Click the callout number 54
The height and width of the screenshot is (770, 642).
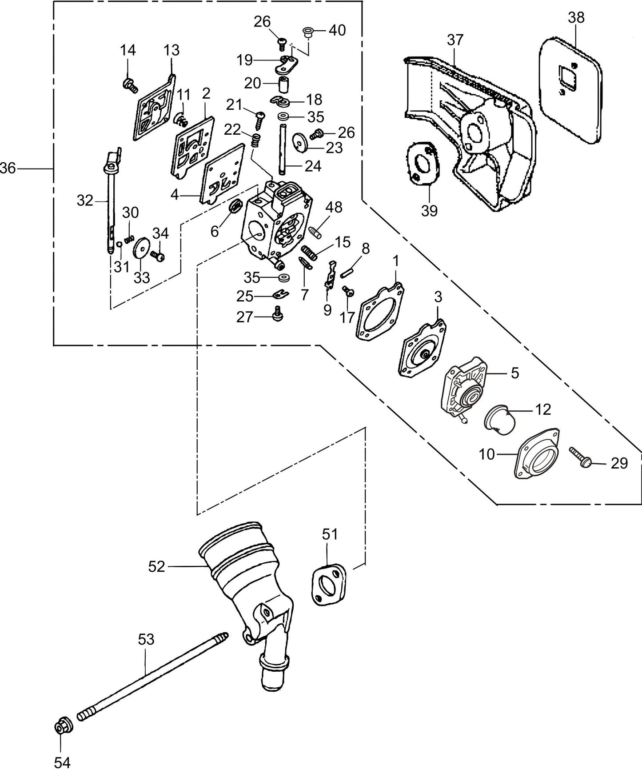coord(62,762)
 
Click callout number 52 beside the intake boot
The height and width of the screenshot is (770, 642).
coord(157,566)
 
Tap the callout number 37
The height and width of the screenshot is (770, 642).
coord(455,40)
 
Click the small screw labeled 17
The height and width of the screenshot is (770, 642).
coord(348,291)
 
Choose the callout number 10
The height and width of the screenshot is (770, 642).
coord(487,454)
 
